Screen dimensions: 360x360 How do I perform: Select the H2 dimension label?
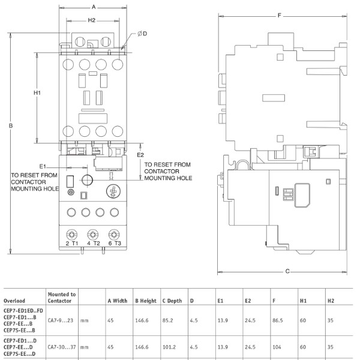tap(92, 20)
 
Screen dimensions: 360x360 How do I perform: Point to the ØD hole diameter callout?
tap(142, 34)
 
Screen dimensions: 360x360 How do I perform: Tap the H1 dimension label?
tap(37, 93)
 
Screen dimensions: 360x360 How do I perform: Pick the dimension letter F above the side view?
tap(280, 15)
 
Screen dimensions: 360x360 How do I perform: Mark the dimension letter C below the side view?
tap(287, 271)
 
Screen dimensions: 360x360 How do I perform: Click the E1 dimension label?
tap(43, 166)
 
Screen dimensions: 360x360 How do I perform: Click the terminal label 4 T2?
tap(92, 243)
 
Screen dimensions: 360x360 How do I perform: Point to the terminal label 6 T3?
tap(115, 243)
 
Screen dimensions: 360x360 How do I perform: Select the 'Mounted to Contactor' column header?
tap(62, 297)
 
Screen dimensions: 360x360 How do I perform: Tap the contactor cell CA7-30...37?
tap(61, 346)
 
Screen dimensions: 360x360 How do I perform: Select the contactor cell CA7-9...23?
tap(59, 322)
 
